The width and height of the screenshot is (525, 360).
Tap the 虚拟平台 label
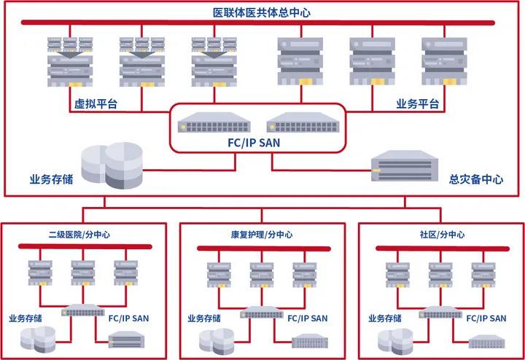pyautogui.click(x=96, y=105)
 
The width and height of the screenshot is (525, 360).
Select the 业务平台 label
pyautogui.click(x=418, y=105)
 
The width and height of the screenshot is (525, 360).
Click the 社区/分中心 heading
pyautogui.click(x=442, y=235)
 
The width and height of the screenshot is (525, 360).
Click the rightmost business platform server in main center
pyautogui.click(x=443, y=62)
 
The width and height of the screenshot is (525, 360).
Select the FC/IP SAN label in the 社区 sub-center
pyautogui.click(x=486, y=318)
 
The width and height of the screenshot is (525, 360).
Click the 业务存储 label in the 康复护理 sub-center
pyautogui.click(x=206, y=318)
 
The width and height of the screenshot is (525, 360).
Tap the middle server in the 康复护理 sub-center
pyautogui.click(x=261, y=273)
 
